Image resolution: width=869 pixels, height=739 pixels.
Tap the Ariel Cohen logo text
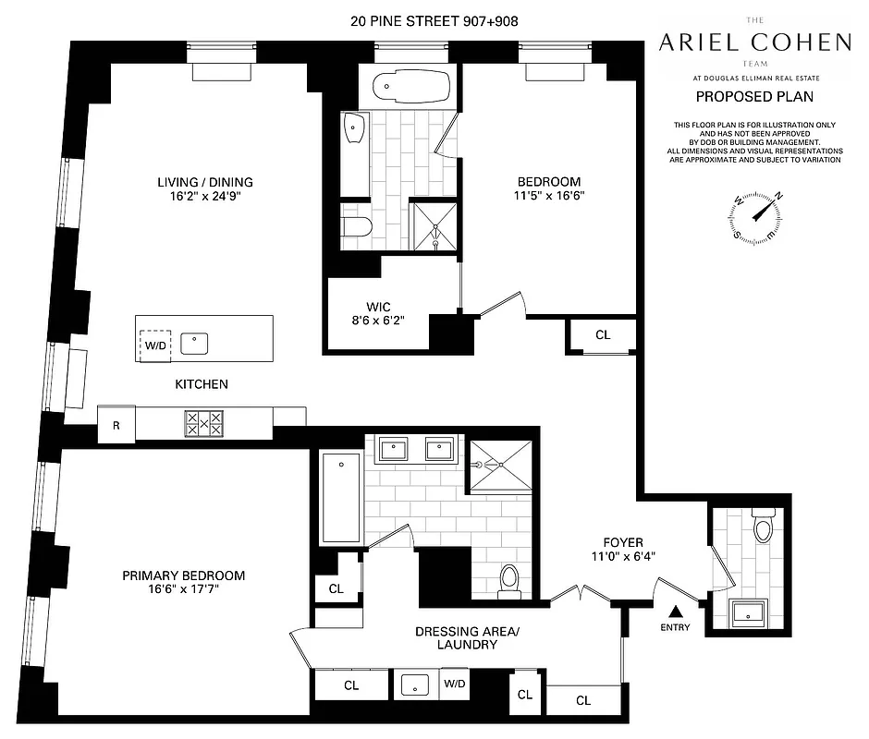pyautogui.click(x=753, y=42)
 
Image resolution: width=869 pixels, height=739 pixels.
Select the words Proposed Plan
pyautogui.click(x=754, y=96)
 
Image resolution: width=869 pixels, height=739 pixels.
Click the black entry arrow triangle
pyautogui.click(x=676, y=611)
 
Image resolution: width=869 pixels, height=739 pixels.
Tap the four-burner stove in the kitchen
pyautogui.click(x=204, y=423)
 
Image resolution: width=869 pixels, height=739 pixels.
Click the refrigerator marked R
pyautogui.click(x=116, y=426)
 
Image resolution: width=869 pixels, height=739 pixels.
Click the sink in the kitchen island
pyautogui.click(x=194, y=344)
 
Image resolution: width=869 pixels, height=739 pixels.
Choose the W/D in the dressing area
pyautogui.click(x=454, y=684)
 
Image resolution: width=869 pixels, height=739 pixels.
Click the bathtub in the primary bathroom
pyautogui.click(x=340, y=499)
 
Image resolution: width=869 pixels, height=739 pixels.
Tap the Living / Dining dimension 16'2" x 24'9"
pyautogui.click(x=204, y=197)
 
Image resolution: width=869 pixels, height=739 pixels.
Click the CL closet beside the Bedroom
pyautogui.click(x=603, y=335)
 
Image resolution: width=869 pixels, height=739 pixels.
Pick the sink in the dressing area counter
pyautogui.click(x=415, y=685)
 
